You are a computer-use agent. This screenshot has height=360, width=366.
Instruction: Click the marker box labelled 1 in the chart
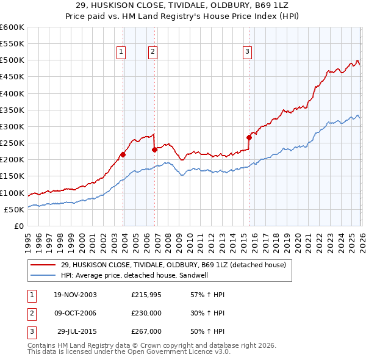point(121,52)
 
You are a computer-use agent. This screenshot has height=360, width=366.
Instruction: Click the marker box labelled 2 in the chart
point(152,52)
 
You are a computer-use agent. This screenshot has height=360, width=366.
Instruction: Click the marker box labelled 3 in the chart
point(247,52)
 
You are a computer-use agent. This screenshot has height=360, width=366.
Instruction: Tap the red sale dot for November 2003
point(123,154)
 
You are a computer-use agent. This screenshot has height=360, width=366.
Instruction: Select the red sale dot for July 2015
point(249,137)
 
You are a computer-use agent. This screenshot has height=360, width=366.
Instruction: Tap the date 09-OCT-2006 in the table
point(75,313)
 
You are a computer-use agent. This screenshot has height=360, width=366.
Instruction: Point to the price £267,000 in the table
point(146,331)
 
